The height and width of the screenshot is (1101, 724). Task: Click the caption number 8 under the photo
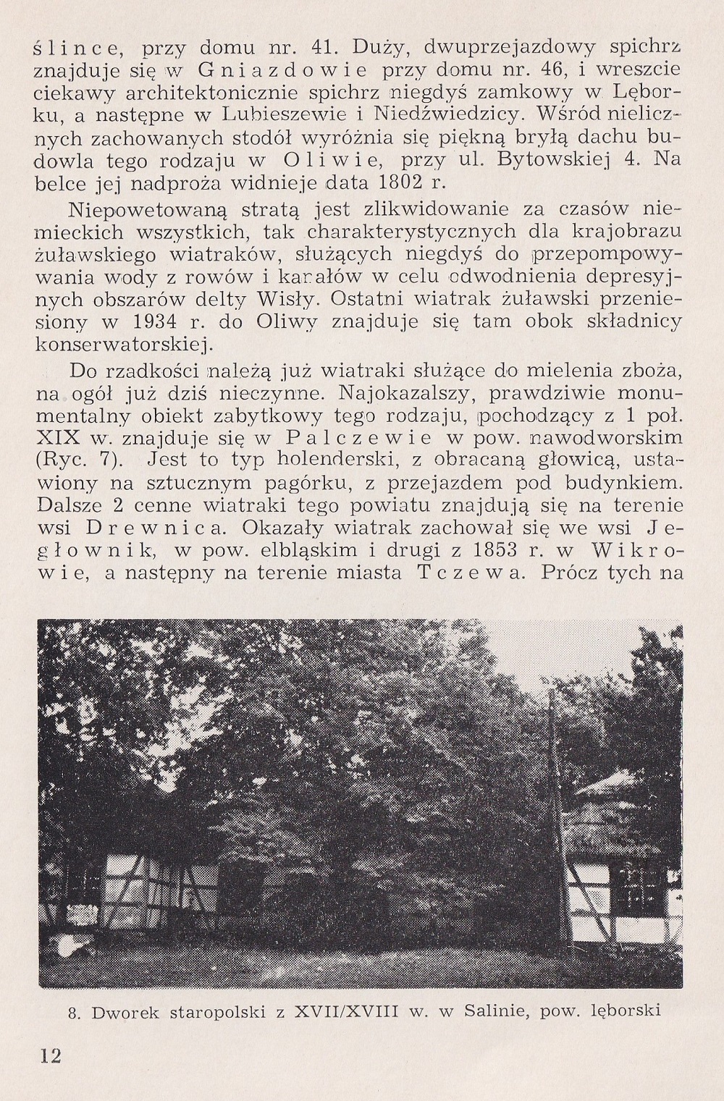(72, 1012)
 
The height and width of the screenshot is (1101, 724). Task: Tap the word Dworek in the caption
(121, 1012)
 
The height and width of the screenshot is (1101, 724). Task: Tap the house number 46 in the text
(556, 71)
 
